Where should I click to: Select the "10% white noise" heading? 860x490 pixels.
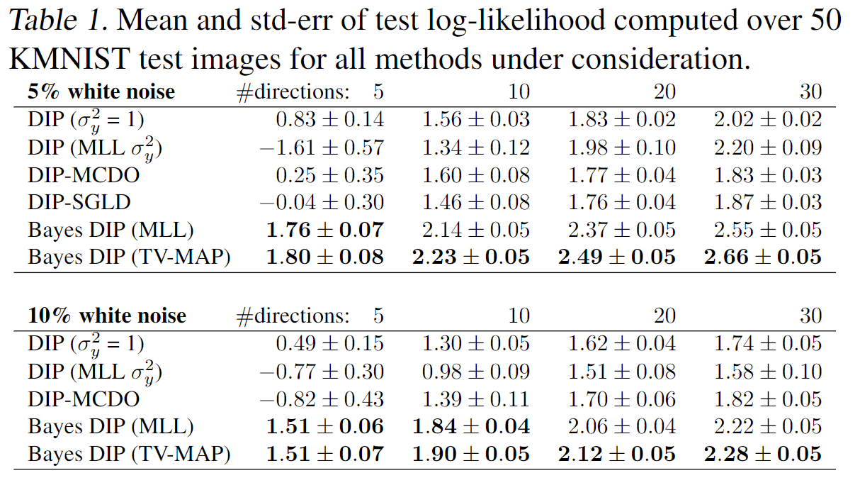pos(107,316)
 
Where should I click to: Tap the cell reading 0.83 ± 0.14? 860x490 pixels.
pos(329,120)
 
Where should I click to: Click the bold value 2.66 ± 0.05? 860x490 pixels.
pos(762,257)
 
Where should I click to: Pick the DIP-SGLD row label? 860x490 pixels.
pos(79,202)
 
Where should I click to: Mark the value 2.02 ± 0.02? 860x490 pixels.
pos(767,120)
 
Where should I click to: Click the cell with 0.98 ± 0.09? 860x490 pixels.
pos(475,371)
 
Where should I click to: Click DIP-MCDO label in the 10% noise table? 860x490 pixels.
pos(84,399)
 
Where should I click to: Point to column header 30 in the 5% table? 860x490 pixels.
pos(810,92)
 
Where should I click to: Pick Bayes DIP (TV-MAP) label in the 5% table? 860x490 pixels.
pos(129,257)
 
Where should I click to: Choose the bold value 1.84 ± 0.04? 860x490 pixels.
pos(470,426)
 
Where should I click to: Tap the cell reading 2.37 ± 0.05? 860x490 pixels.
pos(621,230)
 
